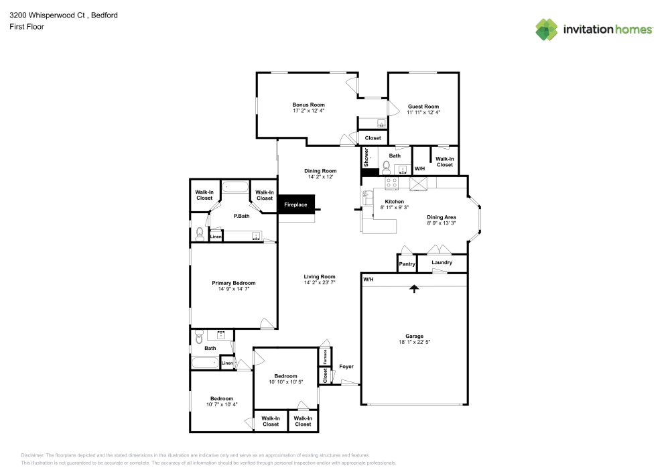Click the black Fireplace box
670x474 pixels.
point(295,204)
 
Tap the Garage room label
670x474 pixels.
point(414,336)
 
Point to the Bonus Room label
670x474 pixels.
point(308,105)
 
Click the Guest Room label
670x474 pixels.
point(423,107)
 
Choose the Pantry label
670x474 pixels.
point(407,264)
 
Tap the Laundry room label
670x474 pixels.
point(442,263)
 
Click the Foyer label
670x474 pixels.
point(346,367)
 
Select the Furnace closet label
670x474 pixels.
point(325,357)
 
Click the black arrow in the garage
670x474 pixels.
point(414,289)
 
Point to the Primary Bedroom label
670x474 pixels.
point(234,283)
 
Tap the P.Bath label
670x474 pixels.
point(241,216)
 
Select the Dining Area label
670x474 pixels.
point(442,217)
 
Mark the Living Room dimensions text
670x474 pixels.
point(320,283)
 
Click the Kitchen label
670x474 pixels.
point(394,202)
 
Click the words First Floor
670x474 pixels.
point(26,27)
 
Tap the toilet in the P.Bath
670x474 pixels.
point(199,234)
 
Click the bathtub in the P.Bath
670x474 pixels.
point(234,188)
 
